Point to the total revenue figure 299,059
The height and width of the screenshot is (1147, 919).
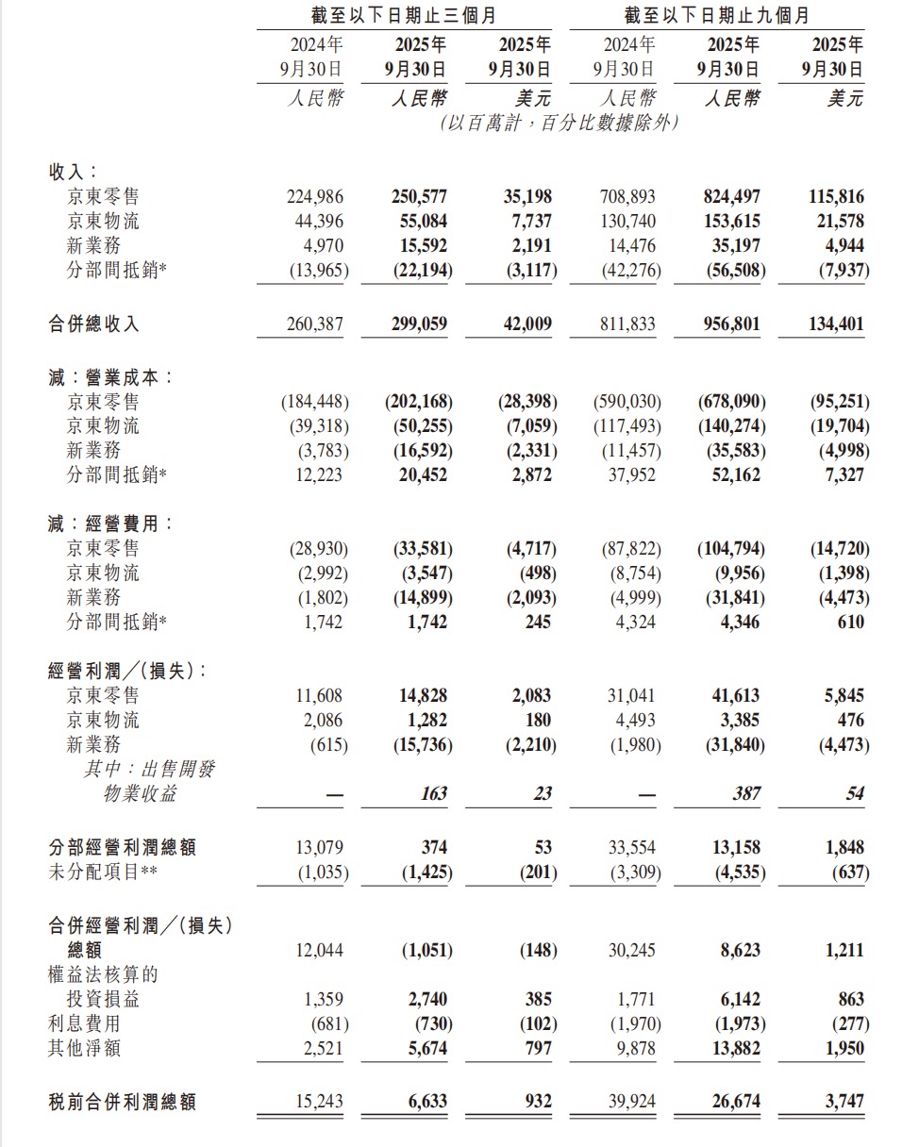419,324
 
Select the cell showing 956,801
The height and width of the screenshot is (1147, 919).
732,324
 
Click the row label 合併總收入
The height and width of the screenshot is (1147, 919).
94,324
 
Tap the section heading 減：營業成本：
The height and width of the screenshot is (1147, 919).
111,376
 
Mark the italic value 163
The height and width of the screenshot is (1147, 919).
433,794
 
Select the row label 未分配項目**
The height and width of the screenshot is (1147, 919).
103,873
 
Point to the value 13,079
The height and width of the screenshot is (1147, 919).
320,847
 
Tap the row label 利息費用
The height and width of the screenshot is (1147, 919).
85,1022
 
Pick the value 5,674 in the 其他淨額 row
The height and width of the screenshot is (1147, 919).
424,1048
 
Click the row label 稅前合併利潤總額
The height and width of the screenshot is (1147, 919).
123,1101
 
